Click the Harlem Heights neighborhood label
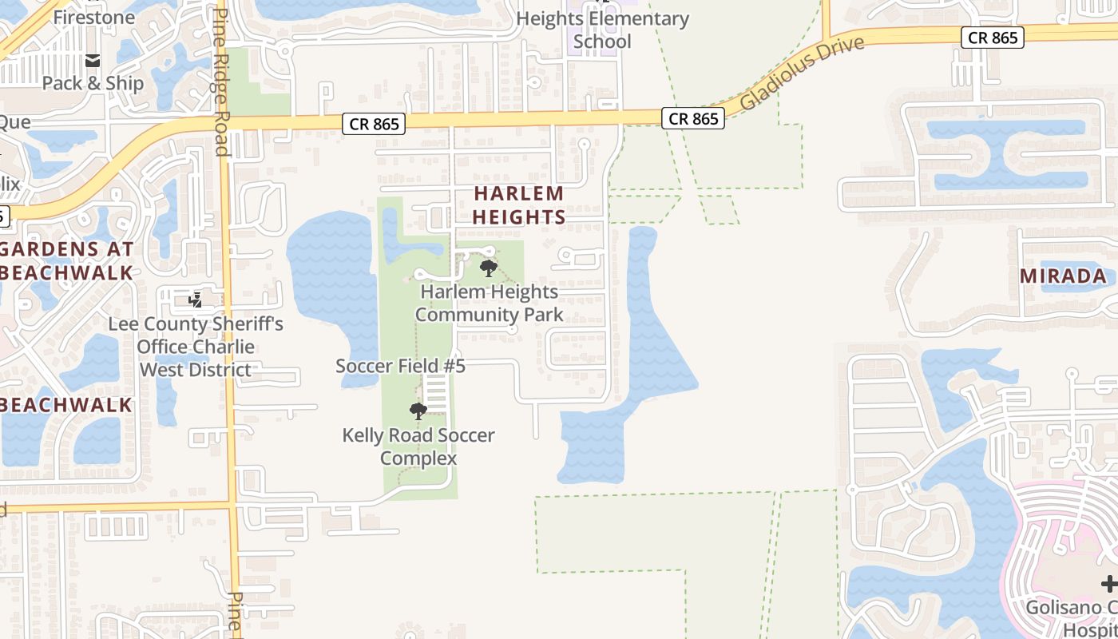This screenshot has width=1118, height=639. click(x=519, y=204)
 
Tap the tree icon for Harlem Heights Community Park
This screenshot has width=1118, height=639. click(x=489, y=268)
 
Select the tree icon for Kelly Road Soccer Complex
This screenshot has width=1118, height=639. click(x=418, y=411)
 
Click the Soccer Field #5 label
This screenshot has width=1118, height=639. click(x=400, y=367)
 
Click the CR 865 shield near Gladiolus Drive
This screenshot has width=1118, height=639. click(x=692, y=119)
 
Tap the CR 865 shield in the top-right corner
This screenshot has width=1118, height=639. click(x=992, y=38)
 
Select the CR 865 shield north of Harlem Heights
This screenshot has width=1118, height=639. click(x=374, y=123)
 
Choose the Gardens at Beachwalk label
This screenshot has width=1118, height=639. click(x=66, y=260)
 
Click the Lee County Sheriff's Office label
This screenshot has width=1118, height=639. click(x=196, y=347)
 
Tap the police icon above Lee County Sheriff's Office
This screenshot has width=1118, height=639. click(x=195, y=300)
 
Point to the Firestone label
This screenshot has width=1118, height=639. click(x=94, y=17)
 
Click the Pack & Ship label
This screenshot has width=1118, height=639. click(x=93, y=83)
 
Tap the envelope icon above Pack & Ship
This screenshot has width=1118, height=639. click(x=93, y=60)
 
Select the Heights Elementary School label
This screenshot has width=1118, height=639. click(x=602, y=30)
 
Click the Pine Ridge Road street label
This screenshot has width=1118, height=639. click(x=221, y=83)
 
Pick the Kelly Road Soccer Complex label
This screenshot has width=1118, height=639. click(x=418, y=447)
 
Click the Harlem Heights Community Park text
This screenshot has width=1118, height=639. click(x=489, y=303)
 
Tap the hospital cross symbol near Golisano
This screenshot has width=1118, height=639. click(x=1108, y=584)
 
